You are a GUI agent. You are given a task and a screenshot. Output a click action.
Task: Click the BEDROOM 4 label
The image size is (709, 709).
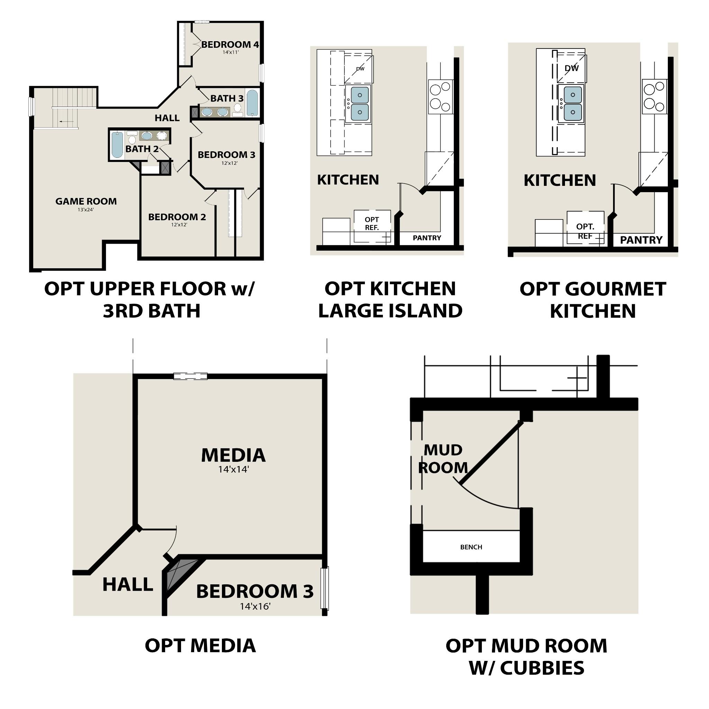[230, 44]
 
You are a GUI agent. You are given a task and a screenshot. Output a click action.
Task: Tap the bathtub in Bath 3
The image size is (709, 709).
[252, 103]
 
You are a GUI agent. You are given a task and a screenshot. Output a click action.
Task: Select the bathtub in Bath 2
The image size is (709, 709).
[117, 145]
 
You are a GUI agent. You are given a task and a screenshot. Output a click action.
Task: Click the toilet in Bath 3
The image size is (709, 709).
[238, 108]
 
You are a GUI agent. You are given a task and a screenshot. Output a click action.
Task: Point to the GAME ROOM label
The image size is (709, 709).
[86, 201]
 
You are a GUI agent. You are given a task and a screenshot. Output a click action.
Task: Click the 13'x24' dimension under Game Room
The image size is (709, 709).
[86, 210]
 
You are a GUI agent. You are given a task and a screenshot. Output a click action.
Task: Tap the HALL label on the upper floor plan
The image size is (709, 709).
[167, 118]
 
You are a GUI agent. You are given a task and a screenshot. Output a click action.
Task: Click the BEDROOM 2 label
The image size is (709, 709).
[177, 217]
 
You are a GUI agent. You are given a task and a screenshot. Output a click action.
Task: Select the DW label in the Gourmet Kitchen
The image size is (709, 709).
[571, 68]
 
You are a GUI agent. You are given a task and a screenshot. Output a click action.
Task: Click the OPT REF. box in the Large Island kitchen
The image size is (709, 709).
[372, 224]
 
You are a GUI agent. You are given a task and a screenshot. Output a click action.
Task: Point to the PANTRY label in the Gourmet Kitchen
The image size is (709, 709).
[641, 240]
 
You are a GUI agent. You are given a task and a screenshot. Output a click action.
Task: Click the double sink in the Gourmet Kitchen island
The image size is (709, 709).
[573, 104]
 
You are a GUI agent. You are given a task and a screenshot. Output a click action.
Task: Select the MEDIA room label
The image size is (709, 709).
[233, 455]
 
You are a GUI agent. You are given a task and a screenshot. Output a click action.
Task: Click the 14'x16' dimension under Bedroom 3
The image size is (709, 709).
[255, 606]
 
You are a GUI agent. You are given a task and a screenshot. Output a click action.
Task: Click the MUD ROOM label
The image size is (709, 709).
[443, 459]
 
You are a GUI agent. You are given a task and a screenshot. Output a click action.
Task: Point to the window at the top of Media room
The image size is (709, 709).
[190, 376]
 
